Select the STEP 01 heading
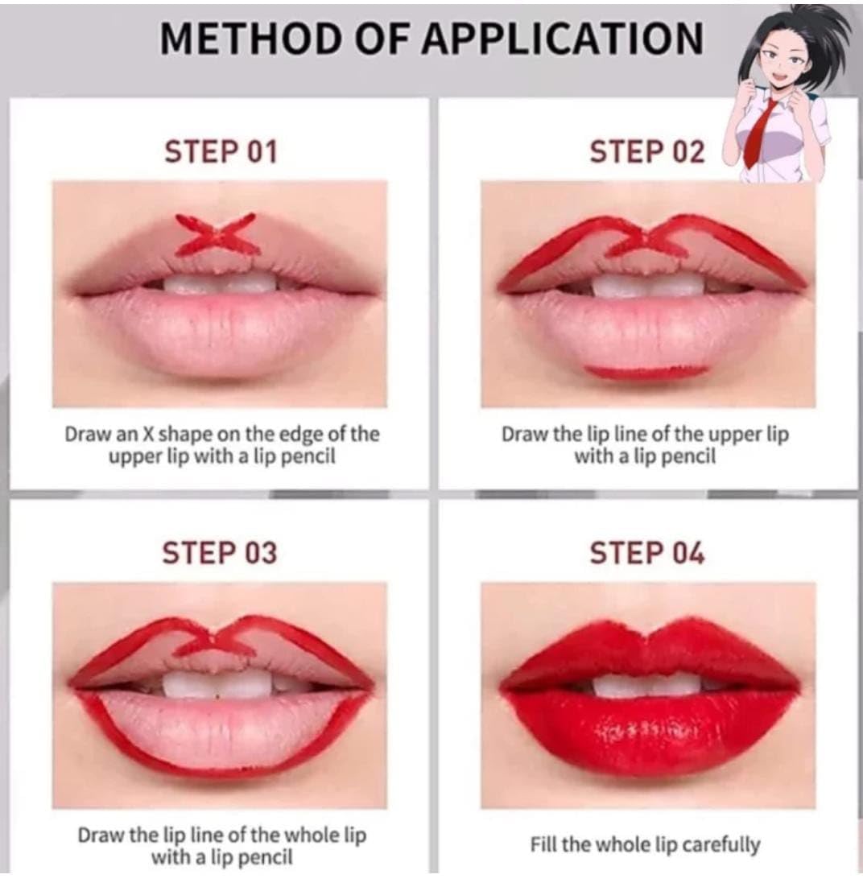(x=221, y=152)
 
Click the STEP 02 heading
(x=647, y=152)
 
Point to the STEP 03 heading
(x=220, y=553)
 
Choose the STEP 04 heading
(x=647, y=553)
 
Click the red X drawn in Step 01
(x=217, y=234)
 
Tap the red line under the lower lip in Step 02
(x=646, y=372)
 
